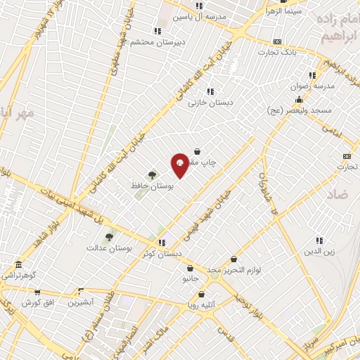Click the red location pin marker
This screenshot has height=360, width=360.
point(180,165)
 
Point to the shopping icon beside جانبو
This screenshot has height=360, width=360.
point(190,268)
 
